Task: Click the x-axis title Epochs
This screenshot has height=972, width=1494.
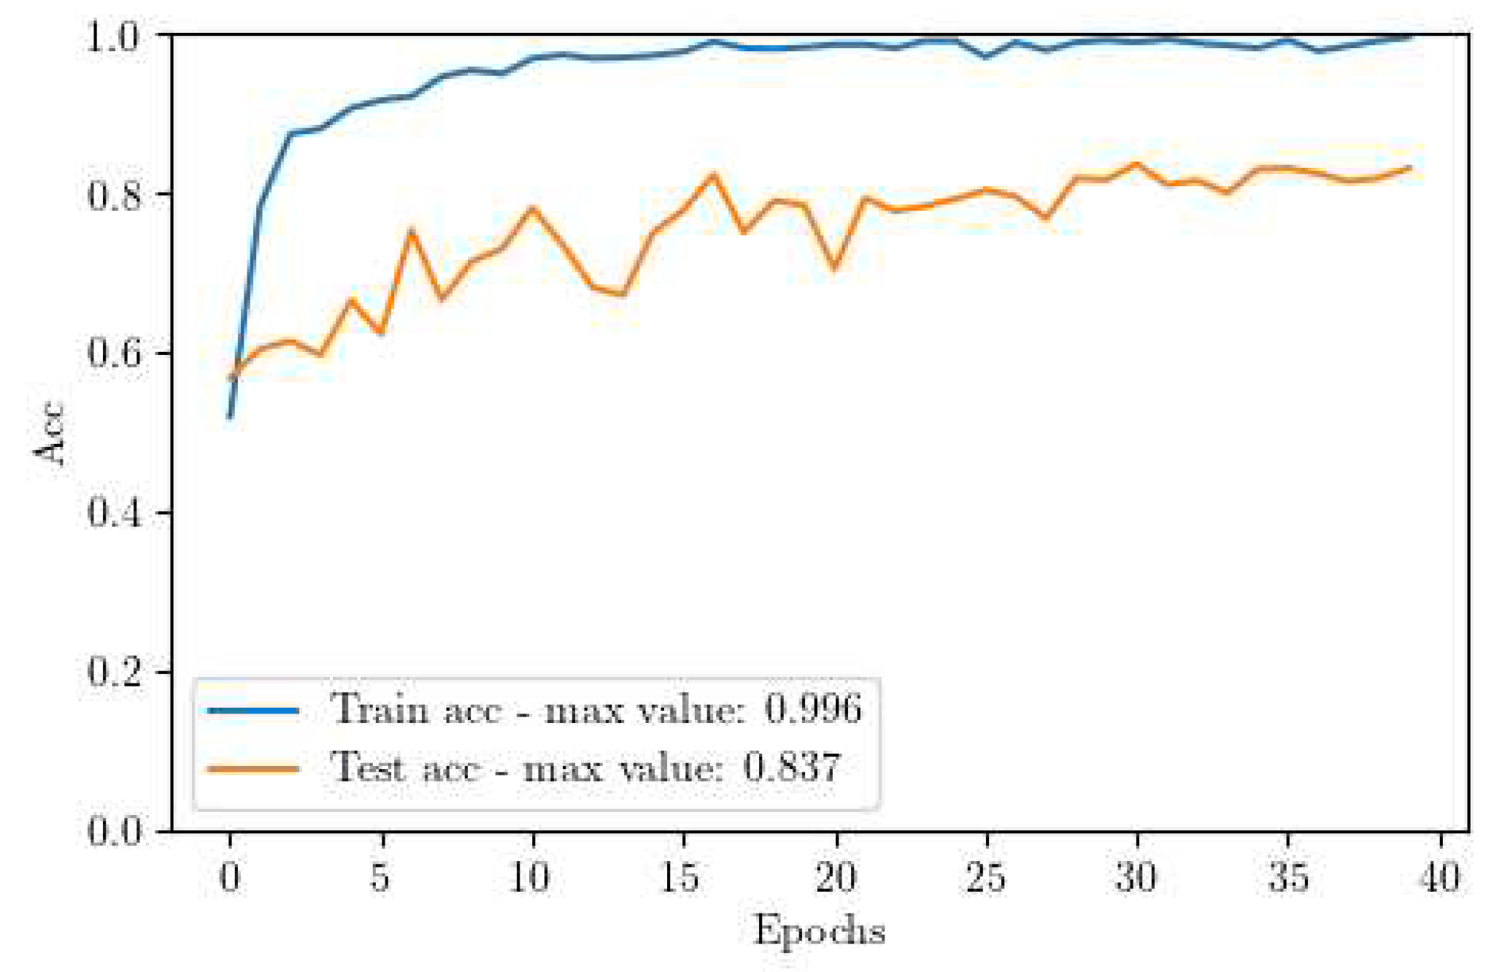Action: point(819,931)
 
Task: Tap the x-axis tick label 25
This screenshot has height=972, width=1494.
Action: point(986,877)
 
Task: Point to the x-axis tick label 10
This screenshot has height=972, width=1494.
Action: point(531,877)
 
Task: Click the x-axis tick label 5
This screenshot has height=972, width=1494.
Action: point(380,877)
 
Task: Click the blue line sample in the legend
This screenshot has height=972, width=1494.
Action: point(253,710)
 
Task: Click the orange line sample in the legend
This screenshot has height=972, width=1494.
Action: point(253,768)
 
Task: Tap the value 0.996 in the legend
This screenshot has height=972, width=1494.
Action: point(812,709)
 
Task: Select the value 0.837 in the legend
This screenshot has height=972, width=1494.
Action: point(792,768)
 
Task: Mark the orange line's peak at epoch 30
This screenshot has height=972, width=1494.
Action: point(1136,164)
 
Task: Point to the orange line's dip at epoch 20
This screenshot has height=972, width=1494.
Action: point(835,268)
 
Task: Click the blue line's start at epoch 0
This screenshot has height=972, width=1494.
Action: point(230,417)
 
